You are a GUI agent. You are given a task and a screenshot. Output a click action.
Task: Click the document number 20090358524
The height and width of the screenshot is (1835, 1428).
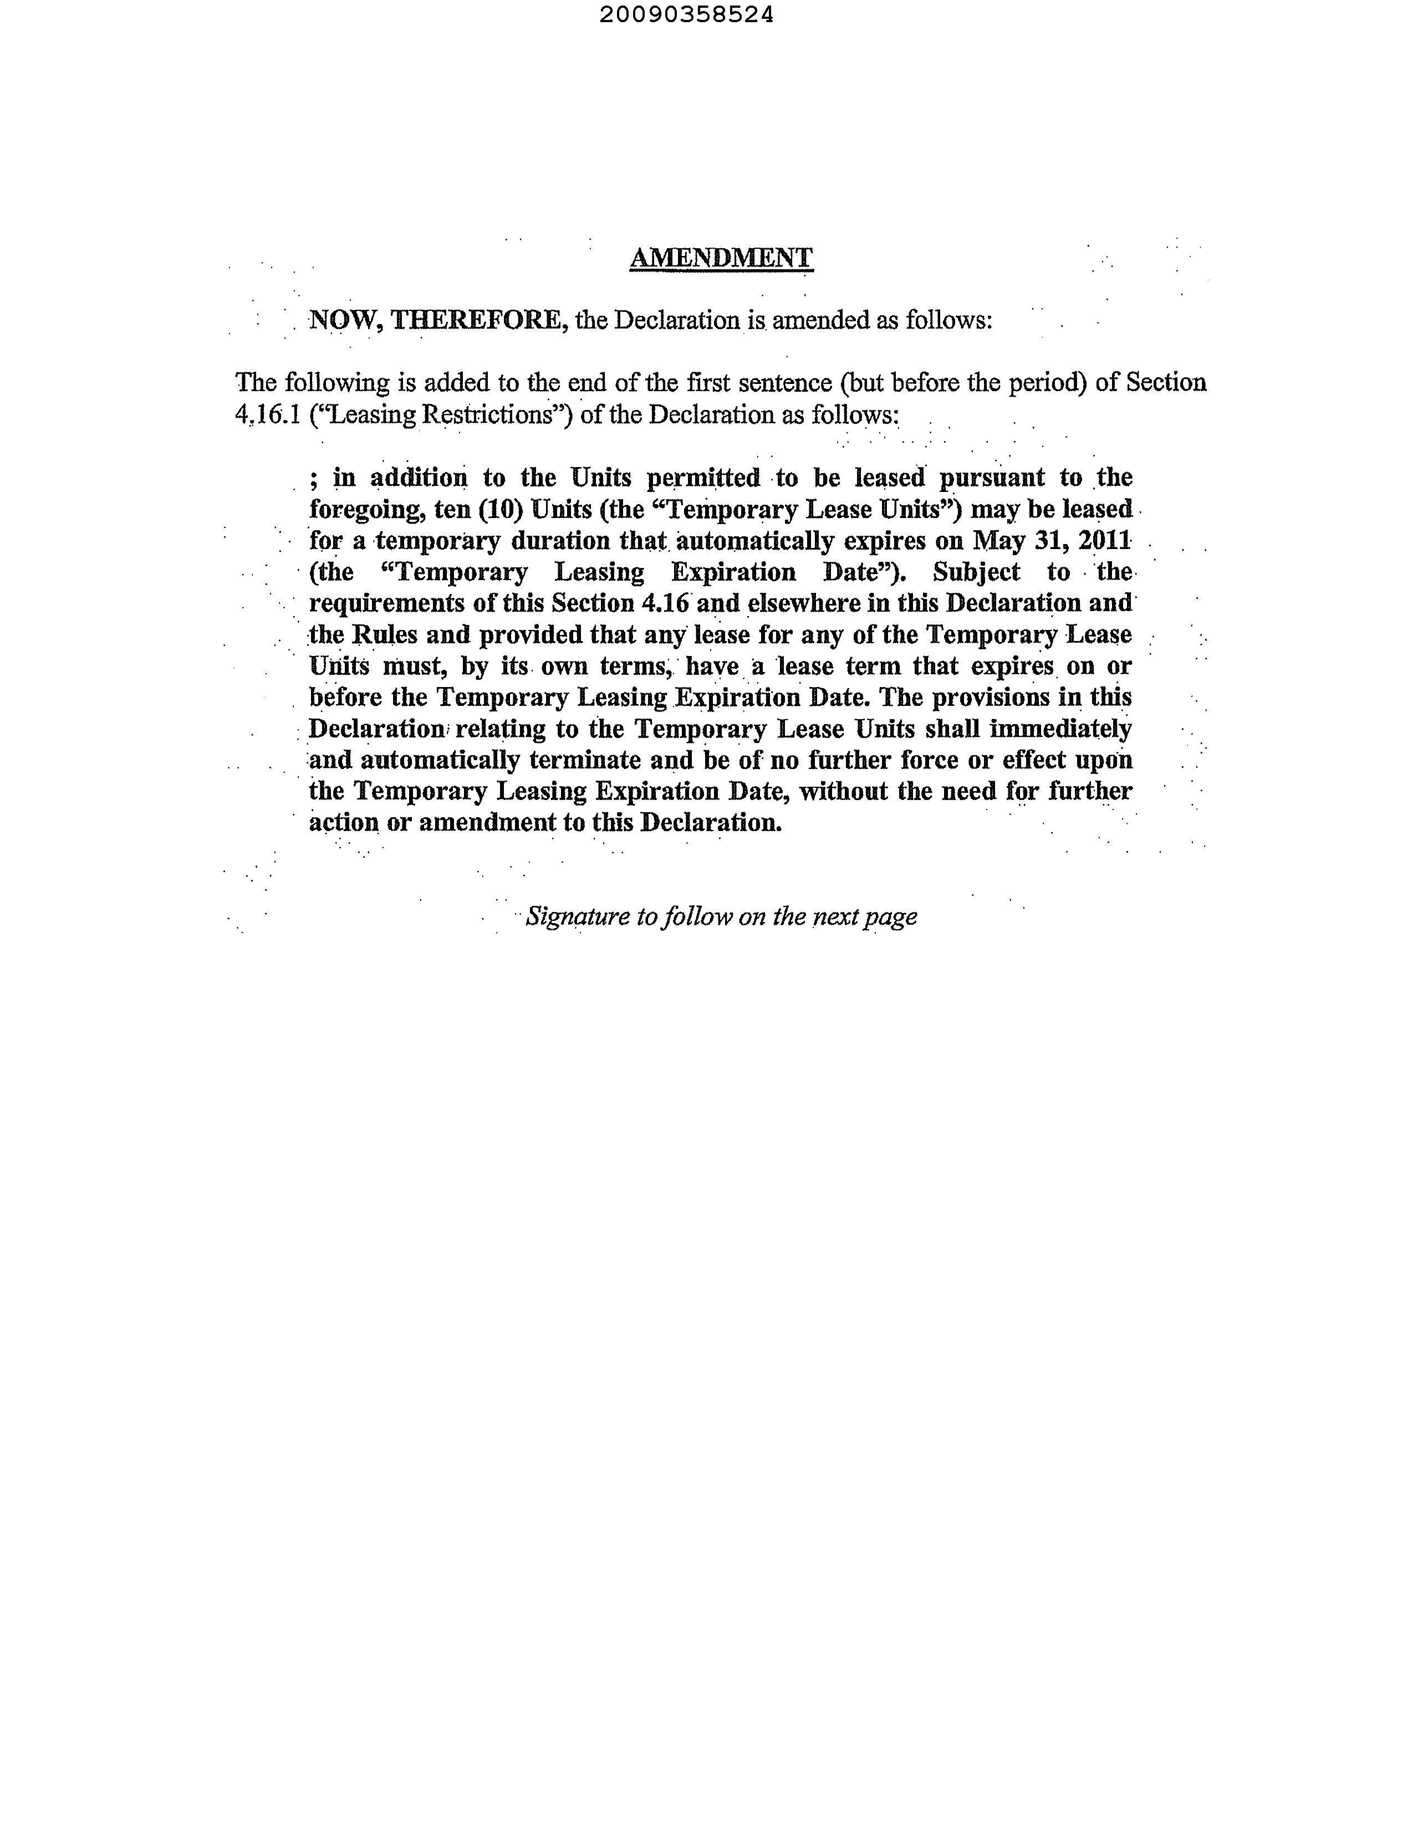[687, 15]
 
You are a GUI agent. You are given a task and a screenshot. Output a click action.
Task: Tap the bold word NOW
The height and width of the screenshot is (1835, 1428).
[343, 320]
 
